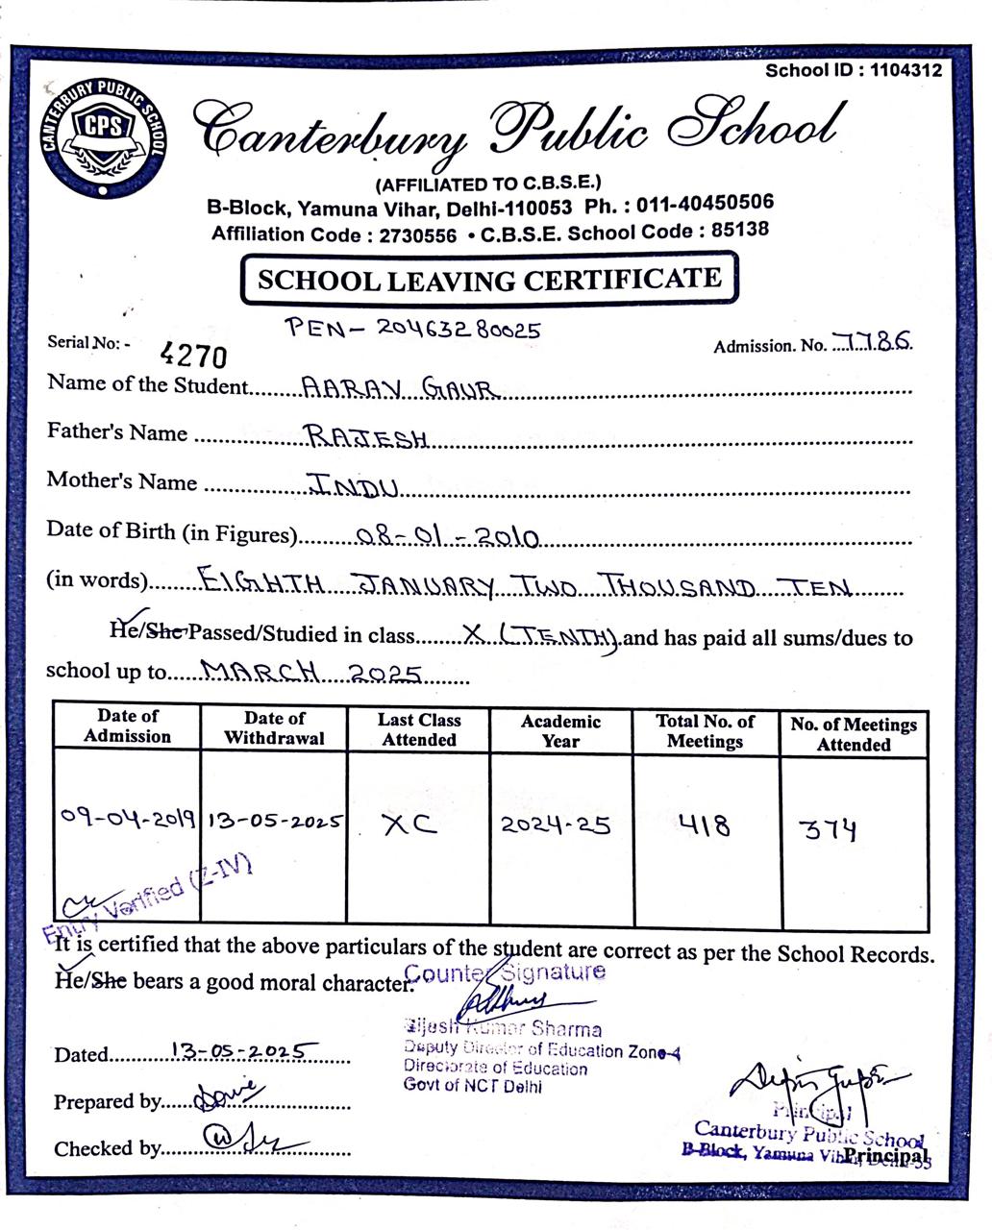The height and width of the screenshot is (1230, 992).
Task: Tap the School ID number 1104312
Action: pos(906,70)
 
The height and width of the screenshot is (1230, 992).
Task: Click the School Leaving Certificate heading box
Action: pos(489,280)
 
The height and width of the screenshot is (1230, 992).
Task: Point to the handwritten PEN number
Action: pos(413,329)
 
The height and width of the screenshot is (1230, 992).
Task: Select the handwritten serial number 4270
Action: pos(194,356)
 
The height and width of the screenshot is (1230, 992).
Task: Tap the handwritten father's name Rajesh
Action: pos(366,437)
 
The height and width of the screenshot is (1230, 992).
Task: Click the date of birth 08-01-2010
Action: pos(446,536)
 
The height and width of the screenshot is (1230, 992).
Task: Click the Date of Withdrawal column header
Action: pos(274,728)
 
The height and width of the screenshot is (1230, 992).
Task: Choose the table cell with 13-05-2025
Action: pos(275,822)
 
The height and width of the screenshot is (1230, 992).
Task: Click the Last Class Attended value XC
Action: pos(409,824)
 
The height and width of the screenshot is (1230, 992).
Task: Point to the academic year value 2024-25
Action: pos(556,824)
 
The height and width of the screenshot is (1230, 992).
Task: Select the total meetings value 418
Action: pos(704,825)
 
